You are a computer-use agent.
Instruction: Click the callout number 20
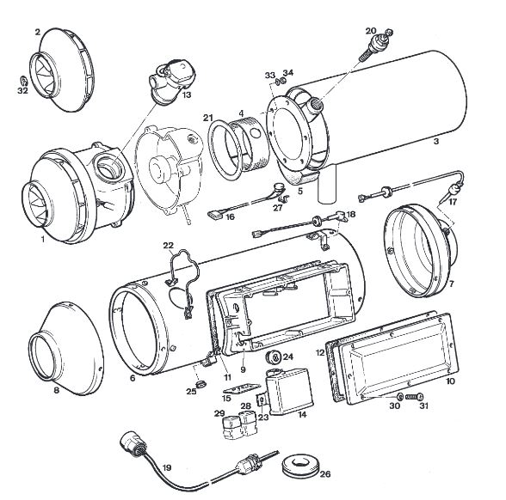pos(371,31)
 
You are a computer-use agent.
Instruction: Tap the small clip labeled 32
pos(23,80)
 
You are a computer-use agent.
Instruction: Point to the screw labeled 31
pos(415,396)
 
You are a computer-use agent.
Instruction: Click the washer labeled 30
pos(399,396)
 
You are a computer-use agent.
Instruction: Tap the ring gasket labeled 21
pos(225,150)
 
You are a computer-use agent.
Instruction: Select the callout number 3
pos(436,141)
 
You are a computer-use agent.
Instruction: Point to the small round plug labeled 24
pos(274,357)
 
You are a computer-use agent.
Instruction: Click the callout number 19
pos(167,467)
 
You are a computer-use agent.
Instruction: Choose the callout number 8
pos(57,390)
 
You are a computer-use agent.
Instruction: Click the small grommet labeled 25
pos(201,383)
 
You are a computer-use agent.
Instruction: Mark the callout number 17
pos(453,202)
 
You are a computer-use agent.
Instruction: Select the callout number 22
pos(168,246)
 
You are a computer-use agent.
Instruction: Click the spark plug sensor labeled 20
pos(375,46)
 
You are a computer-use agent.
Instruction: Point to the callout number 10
pos(450,381)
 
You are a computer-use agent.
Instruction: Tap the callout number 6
pos(133,378)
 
